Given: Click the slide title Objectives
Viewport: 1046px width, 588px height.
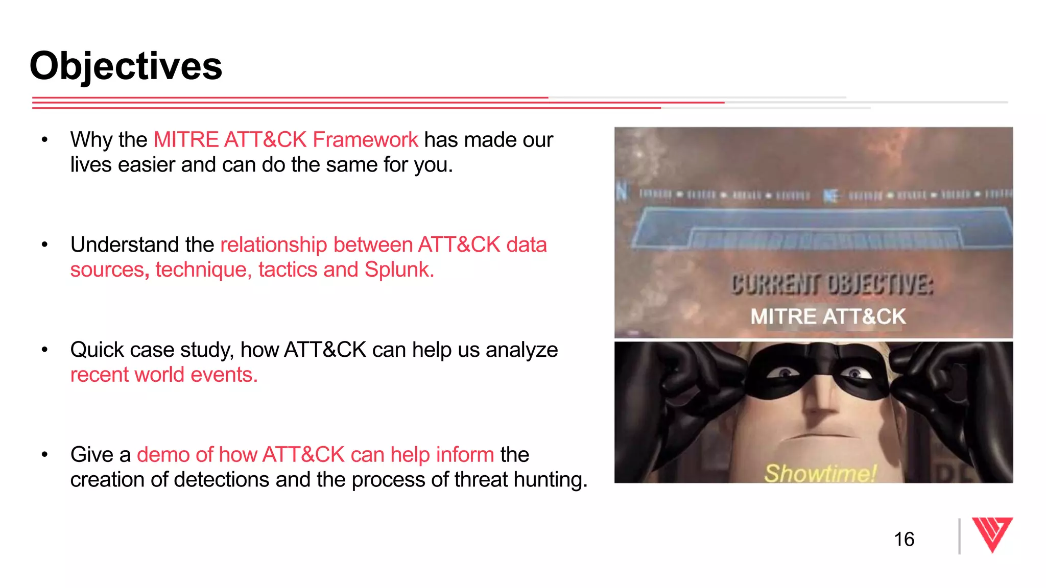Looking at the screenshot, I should coord(126,66).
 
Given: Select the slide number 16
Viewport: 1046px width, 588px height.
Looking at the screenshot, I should coord(904,540).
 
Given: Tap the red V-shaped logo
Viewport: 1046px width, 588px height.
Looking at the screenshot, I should coord(991,534).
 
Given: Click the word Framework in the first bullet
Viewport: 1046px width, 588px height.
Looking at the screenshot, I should coord(365,140).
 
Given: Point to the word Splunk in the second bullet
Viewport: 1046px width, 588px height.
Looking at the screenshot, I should coord(399,270).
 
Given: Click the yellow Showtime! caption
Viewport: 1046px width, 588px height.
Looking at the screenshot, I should coord(820,473).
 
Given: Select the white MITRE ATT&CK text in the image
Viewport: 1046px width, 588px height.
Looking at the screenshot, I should coord(828,316).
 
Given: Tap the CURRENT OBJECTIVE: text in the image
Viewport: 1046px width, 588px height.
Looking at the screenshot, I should coord(831,284).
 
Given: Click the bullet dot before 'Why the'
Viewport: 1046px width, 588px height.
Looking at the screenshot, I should coord(45,140).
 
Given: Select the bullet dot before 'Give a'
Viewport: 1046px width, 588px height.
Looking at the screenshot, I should coord(45,454).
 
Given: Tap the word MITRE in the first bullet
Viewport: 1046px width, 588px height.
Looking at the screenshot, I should coord(186,140).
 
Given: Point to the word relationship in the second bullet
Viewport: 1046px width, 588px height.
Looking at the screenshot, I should coord(273,245).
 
